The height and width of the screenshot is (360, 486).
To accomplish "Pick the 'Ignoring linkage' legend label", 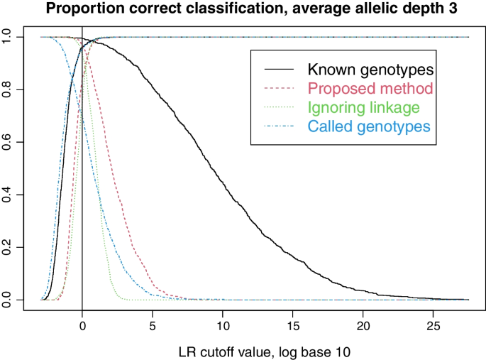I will pos(364,108).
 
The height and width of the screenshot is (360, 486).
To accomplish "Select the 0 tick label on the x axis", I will pos(82,327).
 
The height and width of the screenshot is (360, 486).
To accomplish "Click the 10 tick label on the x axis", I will pos(222,327).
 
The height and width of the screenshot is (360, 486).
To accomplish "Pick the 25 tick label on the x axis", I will pos(432,327).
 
